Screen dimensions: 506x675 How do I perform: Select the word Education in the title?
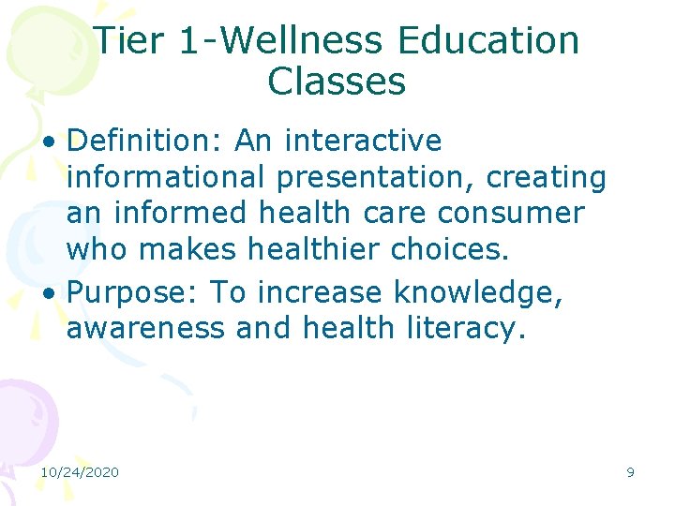487,40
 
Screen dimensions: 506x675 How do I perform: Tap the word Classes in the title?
337,82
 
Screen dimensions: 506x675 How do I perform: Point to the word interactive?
362,141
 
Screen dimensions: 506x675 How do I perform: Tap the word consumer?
510,213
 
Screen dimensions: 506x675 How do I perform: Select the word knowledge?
478,292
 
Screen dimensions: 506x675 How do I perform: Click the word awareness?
146,328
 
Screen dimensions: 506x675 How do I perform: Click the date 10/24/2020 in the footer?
80,472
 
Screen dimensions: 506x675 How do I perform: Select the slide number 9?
630,472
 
